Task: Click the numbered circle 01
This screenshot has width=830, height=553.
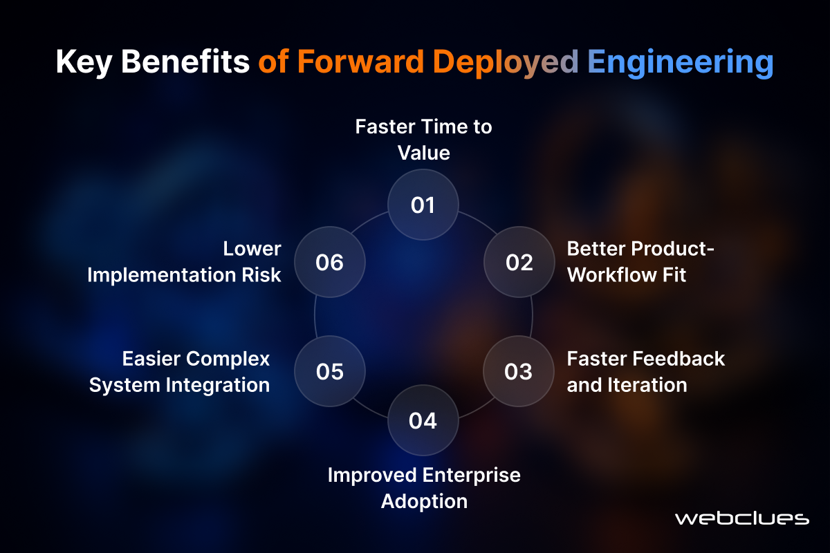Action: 423,205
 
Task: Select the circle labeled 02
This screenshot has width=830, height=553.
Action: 519,262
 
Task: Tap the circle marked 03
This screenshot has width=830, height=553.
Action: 518,371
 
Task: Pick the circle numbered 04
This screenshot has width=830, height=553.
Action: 423,420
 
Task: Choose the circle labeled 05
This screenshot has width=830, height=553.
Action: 330,371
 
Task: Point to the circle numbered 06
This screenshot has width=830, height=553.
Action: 330,262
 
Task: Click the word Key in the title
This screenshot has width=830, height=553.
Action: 84,62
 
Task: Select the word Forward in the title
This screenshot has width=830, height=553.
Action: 360,61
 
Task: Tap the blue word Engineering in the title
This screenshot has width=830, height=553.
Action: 681,63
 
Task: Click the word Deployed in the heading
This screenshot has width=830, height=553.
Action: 506,63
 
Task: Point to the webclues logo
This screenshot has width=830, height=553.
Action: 741,518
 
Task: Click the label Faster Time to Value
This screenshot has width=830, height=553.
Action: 423,140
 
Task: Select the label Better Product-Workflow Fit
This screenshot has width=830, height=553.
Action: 640,262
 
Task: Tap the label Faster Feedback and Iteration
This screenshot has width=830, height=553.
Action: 646,371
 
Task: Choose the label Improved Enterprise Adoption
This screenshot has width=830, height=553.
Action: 424,488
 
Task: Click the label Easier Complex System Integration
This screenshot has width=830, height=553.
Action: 179,372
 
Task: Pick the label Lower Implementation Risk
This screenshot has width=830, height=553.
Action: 184,262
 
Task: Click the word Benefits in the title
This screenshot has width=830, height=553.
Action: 185,61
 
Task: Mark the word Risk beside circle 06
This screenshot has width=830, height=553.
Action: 261,275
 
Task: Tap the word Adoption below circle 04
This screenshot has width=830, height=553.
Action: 424,502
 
